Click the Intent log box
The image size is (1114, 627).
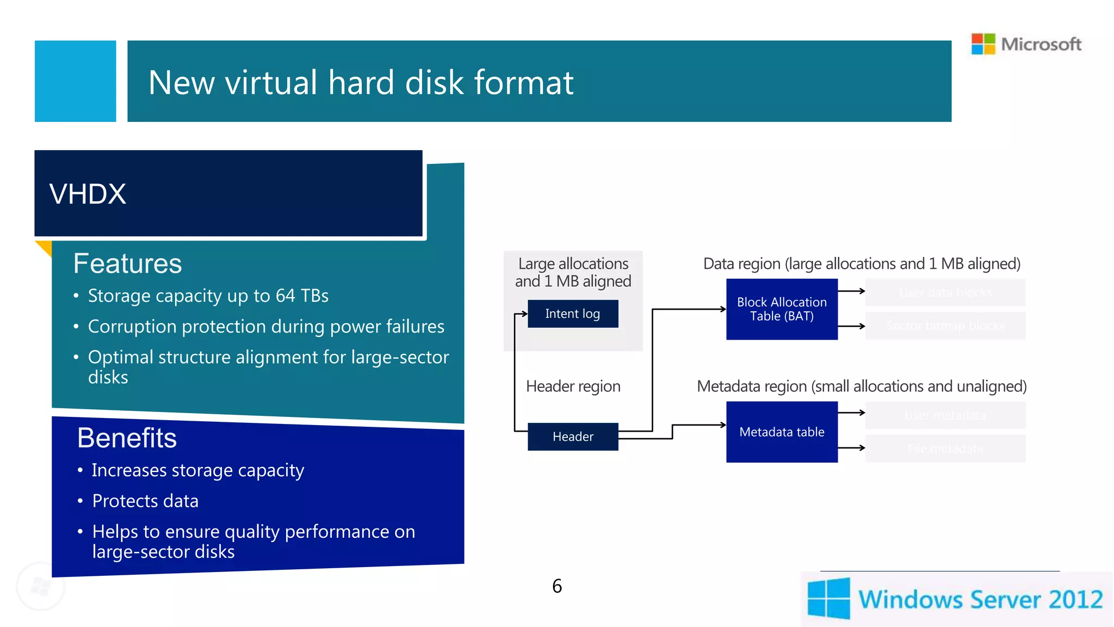pyautogui.click(x=573, y=313)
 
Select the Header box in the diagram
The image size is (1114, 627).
pyautogui.click(x=573, y=437)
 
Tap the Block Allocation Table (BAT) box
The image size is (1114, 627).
pyautogui.click(x=782, y=309)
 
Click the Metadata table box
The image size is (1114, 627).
pyautogui.click(x=782, y=432)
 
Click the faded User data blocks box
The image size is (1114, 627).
pyautogui.click(x=945, y=292)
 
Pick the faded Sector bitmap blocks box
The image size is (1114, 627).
pyautogui.click(x=945, y=325)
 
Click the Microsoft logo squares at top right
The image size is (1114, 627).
pyautogui.click(x=983, y=44)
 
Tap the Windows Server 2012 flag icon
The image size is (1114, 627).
pyautogui.click(x=828, y=598)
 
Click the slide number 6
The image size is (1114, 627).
pyautogui.click(x=557, y=586)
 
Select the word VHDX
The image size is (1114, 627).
pyautogui.click(x=88, y=194)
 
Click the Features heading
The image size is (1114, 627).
pyautogui.click(x=127, y=263)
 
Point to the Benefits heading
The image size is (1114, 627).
pyautogui.click(x=127, y=438)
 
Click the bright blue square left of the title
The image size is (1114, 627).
pyautogui.click(x=75, y=81)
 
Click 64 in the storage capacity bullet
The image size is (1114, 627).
pyautogui.click(x=285, y=296)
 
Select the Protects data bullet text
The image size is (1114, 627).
pyautogui.click(x=145, y=501)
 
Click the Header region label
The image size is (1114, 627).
pyautogui.click(x=573, y=386)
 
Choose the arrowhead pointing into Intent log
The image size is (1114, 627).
pyautogui.click(x=525, y=313)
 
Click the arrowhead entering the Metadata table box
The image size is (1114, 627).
pyautogui.click(x=723, y=425)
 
